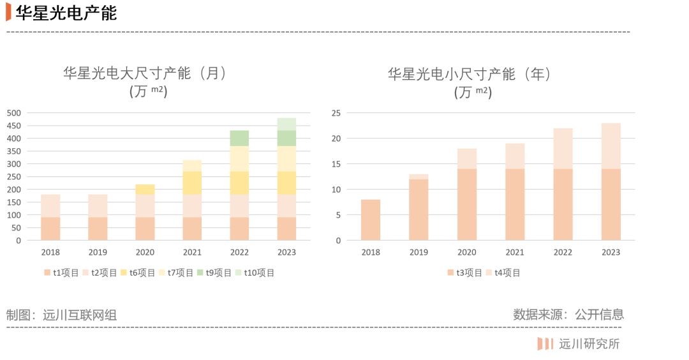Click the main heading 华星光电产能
pos(66,13)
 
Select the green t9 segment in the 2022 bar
pos(239,139)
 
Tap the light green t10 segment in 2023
pos(286,124)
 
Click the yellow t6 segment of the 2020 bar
pos(145,190)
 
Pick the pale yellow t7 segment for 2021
pos(192,166)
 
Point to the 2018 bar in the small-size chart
pos(371,220)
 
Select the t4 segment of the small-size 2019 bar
pos(419,177)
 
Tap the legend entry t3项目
pos(465,273)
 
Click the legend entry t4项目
pos(503,273)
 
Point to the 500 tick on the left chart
pos(14,113)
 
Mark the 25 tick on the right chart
pos(336,113)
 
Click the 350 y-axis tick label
pos(14,151)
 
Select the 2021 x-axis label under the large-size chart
pos(192,252)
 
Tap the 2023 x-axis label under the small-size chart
pos(611,252)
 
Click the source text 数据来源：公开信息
pos(568,314)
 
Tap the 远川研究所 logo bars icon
pos(545,344)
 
